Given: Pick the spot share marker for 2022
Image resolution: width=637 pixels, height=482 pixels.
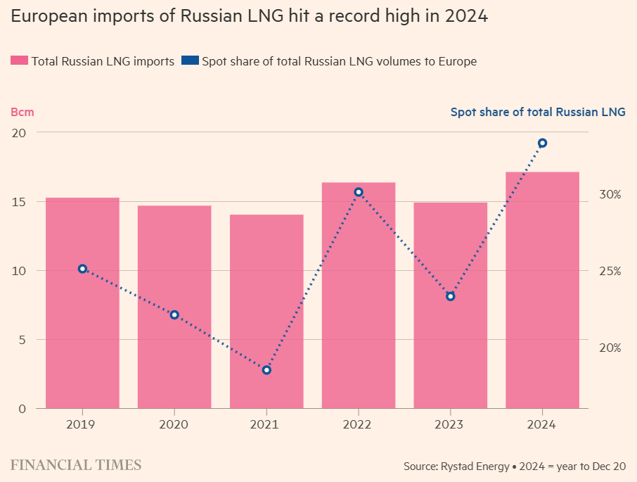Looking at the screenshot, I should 359,192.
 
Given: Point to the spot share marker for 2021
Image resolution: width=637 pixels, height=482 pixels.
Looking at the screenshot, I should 266,370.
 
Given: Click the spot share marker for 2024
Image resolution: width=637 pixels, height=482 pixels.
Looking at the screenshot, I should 542,144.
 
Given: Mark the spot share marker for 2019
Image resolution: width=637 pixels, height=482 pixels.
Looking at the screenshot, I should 82,269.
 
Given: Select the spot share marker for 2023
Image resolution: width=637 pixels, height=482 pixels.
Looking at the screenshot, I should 451,296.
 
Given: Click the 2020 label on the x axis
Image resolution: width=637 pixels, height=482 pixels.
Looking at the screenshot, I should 174,424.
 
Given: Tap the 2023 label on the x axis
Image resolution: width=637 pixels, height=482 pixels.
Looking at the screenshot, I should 451,424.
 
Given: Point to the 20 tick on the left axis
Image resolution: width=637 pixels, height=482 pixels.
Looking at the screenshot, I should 18,132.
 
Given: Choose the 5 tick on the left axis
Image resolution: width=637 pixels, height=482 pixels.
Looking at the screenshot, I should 22,340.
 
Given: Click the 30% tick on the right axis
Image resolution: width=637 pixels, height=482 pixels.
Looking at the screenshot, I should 610,194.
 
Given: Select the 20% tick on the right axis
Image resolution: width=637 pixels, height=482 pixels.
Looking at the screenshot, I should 610,348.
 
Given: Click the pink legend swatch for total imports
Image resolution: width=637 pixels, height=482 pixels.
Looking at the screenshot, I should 18,61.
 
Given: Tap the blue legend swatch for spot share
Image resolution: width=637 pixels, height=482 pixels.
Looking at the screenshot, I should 189,61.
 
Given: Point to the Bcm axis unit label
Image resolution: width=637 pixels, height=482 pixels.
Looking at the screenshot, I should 22,112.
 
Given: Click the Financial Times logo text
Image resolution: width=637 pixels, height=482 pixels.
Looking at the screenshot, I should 76,465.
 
